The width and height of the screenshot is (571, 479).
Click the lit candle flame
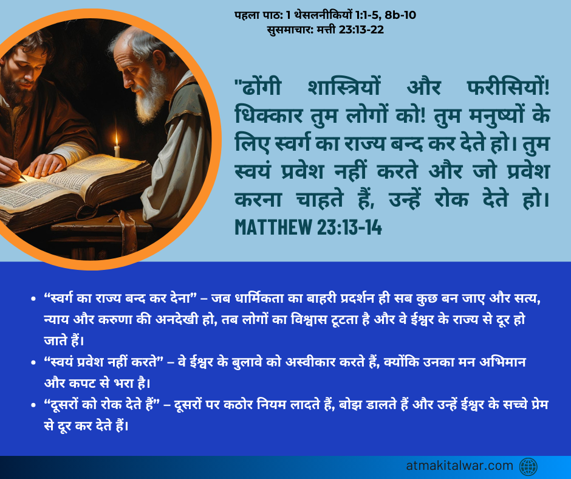coord(117,139)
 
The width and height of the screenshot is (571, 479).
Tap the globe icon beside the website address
coord(528,467)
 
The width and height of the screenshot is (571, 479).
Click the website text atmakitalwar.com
coord(460,466)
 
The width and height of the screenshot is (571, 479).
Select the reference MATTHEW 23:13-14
coord(309,227)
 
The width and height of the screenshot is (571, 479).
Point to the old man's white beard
coord(150,95)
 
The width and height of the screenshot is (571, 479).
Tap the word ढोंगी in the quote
coord(258,88)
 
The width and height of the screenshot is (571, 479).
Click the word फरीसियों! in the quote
coord(508,88)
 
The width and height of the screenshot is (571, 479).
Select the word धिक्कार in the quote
coord(268,115)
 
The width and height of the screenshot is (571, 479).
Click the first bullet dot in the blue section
coord(33,299)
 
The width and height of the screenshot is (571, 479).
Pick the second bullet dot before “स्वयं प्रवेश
coord(33,363)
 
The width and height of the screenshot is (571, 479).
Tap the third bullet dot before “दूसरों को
coord(33,405)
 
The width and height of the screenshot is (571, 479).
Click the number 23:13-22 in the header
coord(361,30)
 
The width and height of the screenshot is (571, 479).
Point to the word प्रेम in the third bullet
coord(539,405)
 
